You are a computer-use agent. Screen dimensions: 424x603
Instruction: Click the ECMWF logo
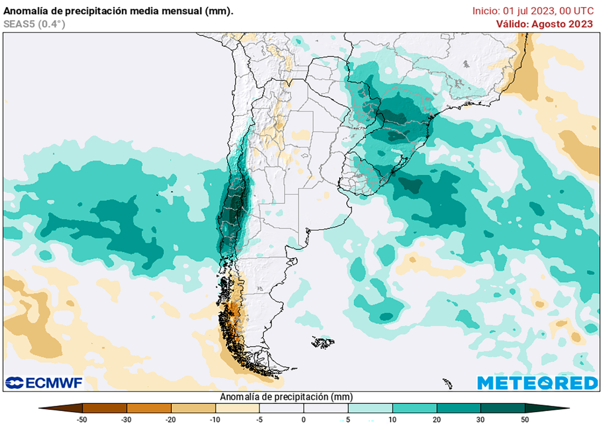[x=44, y=383]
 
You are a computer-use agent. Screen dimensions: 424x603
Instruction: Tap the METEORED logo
[x=537, y=383]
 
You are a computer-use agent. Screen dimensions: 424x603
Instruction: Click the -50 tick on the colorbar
[x=83, y=419]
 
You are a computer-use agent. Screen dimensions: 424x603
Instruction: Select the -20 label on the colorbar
[x=171, y=419]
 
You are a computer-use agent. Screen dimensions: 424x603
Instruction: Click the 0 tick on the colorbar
[x=304, y=419]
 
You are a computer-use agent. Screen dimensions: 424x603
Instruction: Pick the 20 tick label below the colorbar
[x=436, y=419]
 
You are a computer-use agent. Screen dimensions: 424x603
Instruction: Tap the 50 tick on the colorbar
[x=525, y=419]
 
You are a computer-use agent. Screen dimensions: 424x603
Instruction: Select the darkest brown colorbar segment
[x=105, y=408]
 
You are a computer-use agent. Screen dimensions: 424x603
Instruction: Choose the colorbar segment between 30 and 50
[x=502, y=408]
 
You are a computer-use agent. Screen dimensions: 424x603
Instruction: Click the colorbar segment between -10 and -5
[x=237, y=408]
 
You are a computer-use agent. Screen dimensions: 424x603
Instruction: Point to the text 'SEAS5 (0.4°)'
[x=34, y=24]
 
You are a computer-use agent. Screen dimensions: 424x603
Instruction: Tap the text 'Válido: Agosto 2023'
[x=544, y=24]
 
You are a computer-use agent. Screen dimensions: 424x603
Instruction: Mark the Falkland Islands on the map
[x=323, y=342]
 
